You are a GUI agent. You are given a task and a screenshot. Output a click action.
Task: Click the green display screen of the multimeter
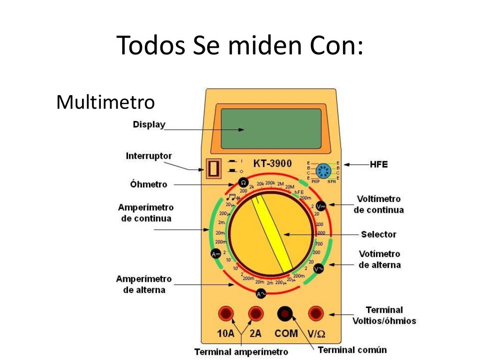click(x=271, y=128)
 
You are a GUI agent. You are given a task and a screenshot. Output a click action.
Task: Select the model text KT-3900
click(x=272, y=164)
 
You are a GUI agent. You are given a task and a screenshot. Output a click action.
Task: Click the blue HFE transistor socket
click(x=322, y=171)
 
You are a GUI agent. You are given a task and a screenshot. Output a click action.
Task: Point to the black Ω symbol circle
click(x=243, y=182)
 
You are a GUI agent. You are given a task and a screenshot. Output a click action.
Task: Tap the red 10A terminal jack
click(x=226, y=313)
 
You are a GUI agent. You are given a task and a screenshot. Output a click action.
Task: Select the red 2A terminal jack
click(x=255, y=313)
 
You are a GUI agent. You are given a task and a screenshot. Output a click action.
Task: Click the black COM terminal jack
click(x=285, y=313)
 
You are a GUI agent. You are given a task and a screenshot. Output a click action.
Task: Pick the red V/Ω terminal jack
click(x=315, y=313)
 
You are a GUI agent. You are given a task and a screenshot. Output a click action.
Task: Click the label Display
click(x=149, y=125)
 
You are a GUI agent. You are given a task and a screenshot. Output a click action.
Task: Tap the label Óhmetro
click(x=148, y=184)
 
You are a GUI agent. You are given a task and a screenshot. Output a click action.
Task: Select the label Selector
click(x=378, y=234)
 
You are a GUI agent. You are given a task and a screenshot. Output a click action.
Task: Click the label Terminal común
click(x=352, y=350)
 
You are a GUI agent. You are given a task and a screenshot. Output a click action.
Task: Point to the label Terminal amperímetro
click(x=241, y=352)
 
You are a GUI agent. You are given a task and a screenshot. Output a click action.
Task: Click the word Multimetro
click(x=105, y=102)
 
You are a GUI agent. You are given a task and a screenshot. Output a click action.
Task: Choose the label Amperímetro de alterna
click(x=144, y=285)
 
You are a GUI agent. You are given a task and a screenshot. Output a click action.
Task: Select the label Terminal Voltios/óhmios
click(x=384, y=315)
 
